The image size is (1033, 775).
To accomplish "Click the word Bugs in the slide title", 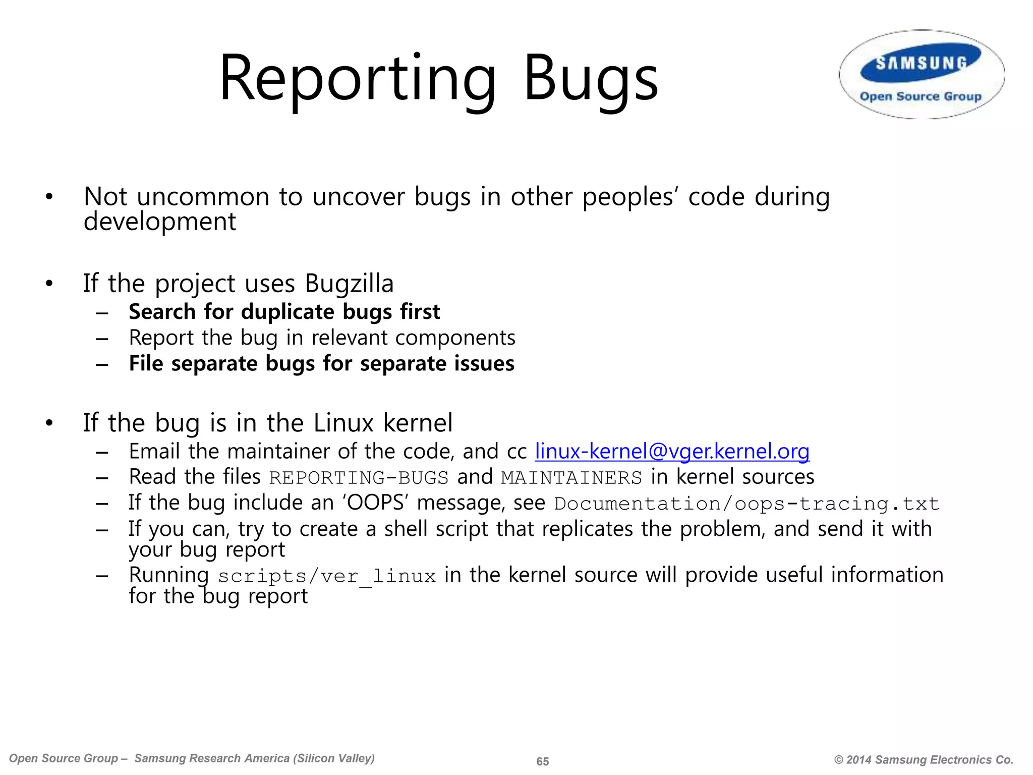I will tap(590, 80).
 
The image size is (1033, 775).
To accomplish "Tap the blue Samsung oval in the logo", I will tap(921, 64).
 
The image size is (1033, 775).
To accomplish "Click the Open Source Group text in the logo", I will tap(921, 96).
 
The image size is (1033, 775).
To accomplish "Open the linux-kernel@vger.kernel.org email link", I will tap(672, 451).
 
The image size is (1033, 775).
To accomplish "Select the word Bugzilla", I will tap(349, 284).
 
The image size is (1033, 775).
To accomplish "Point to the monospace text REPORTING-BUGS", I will tap(359, 477).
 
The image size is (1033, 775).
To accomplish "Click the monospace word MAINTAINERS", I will tap(571, 477).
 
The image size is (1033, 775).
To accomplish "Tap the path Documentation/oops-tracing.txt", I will tap(747, 504).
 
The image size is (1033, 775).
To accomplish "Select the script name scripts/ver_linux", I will tap(327, 576).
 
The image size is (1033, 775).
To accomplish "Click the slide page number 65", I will tap(542, 761).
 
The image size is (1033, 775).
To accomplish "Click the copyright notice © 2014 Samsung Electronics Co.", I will tap(924, 760).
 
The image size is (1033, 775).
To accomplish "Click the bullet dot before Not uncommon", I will tap(49, 197).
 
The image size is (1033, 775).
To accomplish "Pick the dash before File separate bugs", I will tap(102, 364).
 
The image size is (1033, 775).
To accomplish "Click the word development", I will tap(159, 222).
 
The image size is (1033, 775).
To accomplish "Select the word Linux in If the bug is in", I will tap(343, 423).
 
